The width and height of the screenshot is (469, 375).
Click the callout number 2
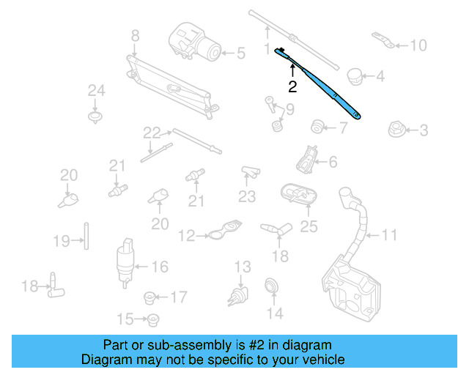click(292, 87)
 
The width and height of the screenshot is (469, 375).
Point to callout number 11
click(388, 235)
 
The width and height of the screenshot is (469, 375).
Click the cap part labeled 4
click(356, 74)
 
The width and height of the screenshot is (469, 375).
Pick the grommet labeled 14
click(272, 287)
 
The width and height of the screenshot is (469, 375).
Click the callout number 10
click(417, 45)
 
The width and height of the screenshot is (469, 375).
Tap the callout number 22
click(151, 133)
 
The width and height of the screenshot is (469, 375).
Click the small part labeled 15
click(153, 319)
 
